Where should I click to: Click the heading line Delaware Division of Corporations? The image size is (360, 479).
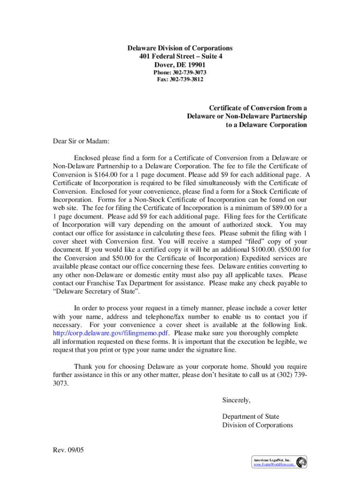[x=180, y=48]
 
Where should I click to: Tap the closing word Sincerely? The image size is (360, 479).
[x=237, y=400]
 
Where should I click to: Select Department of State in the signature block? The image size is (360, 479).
[x=251, y=417]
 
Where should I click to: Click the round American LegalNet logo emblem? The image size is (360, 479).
[x=302, y=462]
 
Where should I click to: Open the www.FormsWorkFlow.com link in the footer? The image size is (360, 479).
[x=274, y=465]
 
